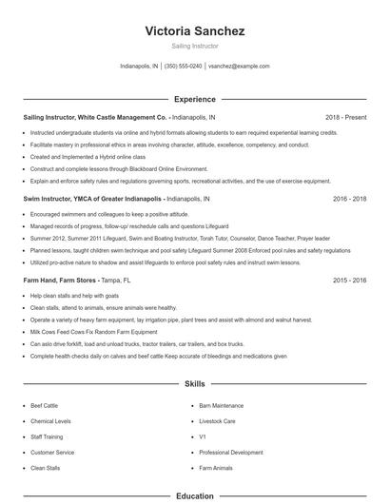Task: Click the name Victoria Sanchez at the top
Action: (x=194, y=31)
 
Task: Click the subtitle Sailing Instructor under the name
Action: (x=194, y=46)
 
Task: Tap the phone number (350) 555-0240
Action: (x=184, y=67)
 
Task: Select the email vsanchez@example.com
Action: (x=239, y=67)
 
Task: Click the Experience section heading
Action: (x=194, y=99)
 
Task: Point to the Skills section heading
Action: (x=194, y=384)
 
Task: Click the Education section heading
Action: (x=194, y=495)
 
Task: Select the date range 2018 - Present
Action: (x=345, y=117)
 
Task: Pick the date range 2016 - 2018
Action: (x=349, y=199)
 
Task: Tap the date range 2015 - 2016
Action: (x=349, y=281)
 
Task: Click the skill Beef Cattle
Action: (x=44, y=405)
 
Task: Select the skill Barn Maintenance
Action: (x=221, y=405)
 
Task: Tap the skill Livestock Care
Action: (x=217, y=420)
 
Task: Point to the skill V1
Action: (x=203, y=436)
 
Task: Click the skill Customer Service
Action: (x=52, y=453)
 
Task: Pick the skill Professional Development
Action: (x=231, y=453)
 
